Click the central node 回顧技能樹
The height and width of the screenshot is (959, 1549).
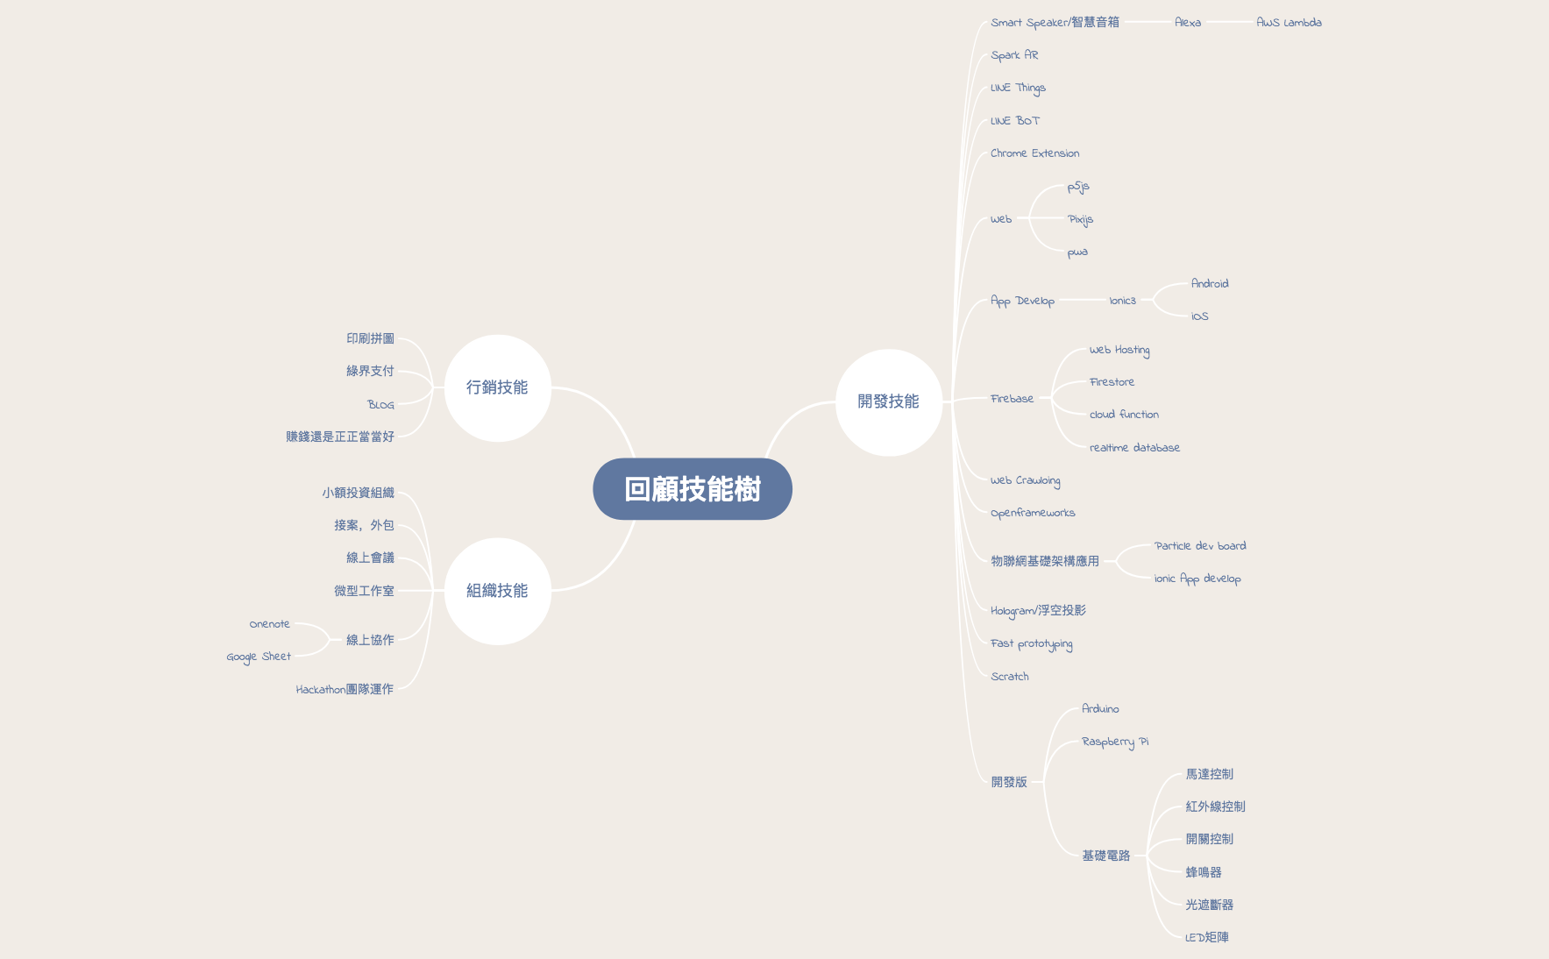[x=693, y=489]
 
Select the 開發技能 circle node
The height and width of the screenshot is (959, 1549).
[x=888, y=401]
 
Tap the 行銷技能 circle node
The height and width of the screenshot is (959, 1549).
[x=497, y=387]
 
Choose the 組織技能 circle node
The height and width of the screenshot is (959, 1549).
[x=497, y=591]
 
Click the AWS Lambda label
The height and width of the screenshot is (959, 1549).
[x=1289, y=23]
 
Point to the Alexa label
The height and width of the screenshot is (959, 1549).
[x=1188, y=23]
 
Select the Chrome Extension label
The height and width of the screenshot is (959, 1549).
[x=1034, y=153]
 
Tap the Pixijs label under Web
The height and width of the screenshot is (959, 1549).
[x=1080, y=219]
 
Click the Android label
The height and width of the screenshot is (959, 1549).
[x=1210, y=284]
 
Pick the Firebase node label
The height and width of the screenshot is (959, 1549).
[x=1012, y=399]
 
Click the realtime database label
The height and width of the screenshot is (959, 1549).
[x=1134, y=448]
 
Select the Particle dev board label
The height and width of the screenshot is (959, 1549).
[x=1200, y=546]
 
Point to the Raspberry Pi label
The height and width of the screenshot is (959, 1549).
[x=1115, y=742]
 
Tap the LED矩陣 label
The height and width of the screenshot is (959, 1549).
[x=1207, y=937]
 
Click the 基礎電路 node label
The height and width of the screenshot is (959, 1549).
[x=1105, y=856]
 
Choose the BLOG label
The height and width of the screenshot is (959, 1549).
[x=380, y=405]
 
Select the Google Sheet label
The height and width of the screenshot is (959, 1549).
[x=259, y=657]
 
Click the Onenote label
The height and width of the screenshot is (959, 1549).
[x=269, y=624]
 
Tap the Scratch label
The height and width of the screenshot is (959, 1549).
[x=1010, y=677]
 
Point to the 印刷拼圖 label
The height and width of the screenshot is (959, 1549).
[x=370, y=338]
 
